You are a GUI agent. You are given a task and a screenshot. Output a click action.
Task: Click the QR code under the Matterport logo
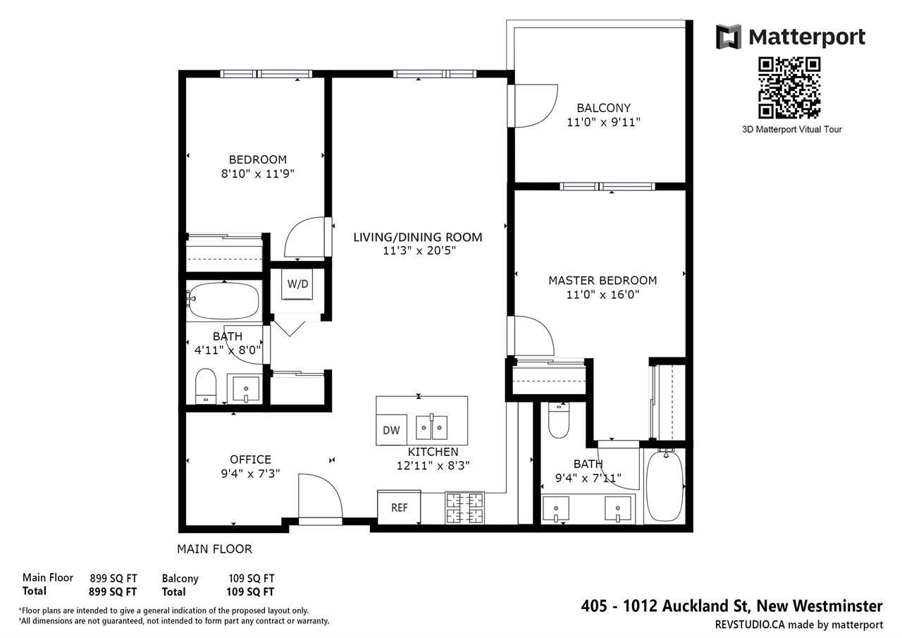[789, 88]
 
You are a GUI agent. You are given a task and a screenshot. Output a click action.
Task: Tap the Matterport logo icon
[729, 37]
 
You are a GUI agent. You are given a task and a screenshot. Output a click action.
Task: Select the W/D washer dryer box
[297, 284]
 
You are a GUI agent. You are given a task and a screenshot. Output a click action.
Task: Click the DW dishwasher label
[391, 430]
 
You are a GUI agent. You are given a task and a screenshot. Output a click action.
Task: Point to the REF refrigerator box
[399, 508]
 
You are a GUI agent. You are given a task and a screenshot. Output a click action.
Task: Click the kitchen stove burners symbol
[464, 508]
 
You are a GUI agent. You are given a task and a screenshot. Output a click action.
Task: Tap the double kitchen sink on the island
[431, 427]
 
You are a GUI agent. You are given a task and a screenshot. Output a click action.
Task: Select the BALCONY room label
[604, 108]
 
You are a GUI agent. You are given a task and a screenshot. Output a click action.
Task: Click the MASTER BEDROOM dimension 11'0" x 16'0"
[603, 295]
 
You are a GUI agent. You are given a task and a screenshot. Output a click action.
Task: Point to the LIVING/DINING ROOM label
[418, 238]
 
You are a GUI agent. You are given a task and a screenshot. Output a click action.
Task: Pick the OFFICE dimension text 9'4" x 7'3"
[250, 473]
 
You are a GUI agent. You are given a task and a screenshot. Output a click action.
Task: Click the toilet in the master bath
[558, 420]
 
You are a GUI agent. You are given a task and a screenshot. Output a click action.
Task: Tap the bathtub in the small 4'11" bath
[224, 300]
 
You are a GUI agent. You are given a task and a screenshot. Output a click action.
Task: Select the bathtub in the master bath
[665, 486]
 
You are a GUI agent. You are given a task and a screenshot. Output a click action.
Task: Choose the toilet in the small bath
[206, 386]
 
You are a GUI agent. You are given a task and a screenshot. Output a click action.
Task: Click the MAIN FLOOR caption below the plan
[215, 549]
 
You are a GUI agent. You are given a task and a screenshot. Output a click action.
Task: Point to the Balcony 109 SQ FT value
[252, 579]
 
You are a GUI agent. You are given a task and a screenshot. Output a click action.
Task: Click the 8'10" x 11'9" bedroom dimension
[258, 173]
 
